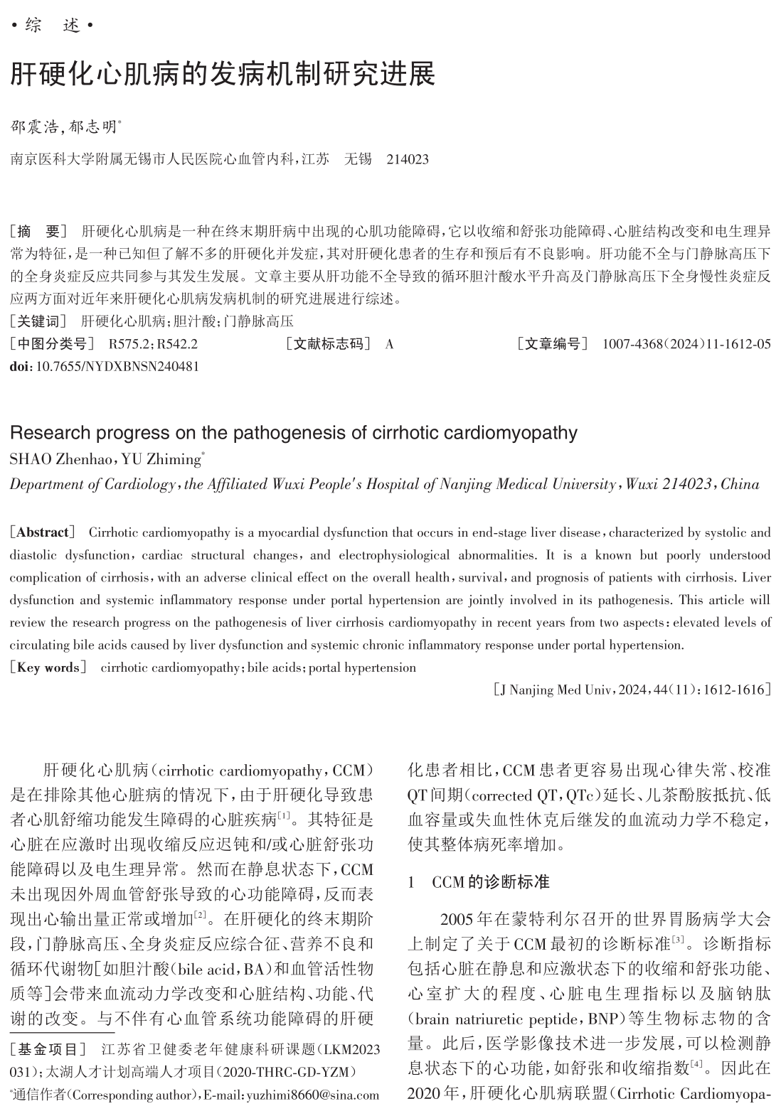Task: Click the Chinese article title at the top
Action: click(x=222, y=74)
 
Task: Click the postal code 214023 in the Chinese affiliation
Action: click(x=408, y=159)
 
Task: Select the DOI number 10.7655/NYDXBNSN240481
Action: click(x=117, y=367)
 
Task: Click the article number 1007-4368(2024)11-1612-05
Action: click(x=686, y=345)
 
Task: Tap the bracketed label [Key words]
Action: click(x=48, y=667)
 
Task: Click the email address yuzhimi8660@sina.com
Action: click(x=313, y=1095)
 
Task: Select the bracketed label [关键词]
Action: click(x=38, y=321)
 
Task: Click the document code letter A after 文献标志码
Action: click(x=389, y=345)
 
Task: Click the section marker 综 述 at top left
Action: click(x=53, y=26)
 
